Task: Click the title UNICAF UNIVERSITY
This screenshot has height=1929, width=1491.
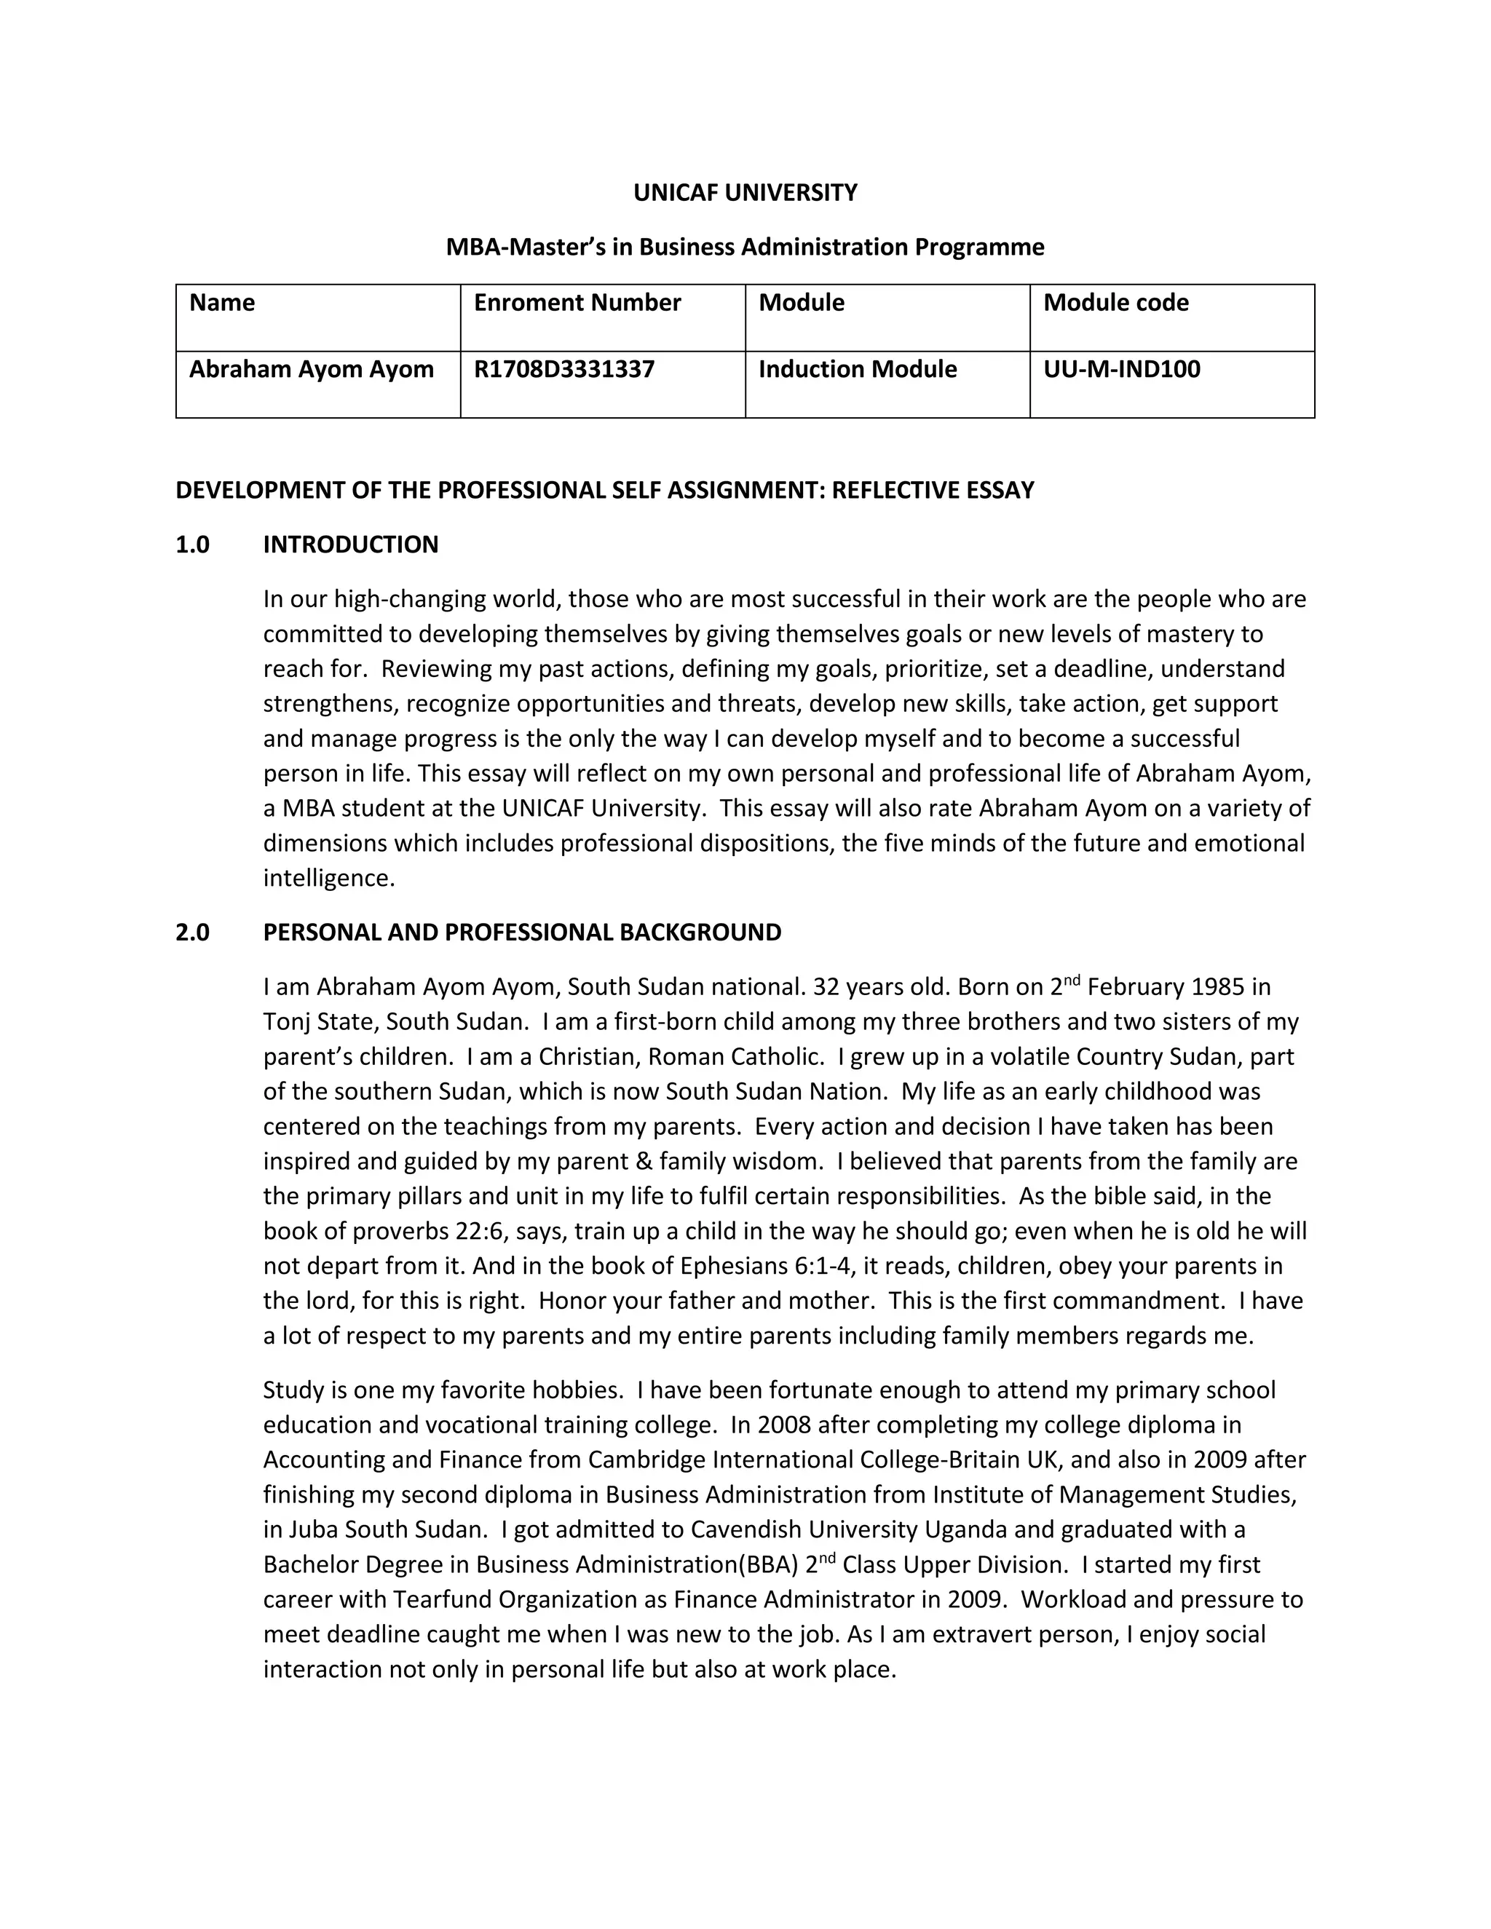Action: click(x=745, y=193)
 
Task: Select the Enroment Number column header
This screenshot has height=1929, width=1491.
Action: click(x=577, y=303)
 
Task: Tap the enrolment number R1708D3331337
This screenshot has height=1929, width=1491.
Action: click(x=563, y=369)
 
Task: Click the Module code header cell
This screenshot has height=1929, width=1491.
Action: click(x=1115, y=303)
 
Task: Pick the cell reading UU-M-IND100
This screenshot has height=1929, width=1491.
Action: click(x=1121, y=369)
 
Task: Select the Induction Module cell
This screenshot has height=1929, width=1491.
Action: click(x=857, y=369)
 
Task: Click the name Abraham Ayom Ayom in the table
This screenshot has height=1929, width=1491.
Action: click(x=311, y=369)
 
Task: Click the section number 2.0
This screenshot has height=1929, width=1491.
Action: click(x=192, y=932)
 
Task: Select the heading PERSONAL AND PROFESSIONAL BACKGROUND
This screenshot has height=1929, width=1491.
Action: click(x=522, y=932)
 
